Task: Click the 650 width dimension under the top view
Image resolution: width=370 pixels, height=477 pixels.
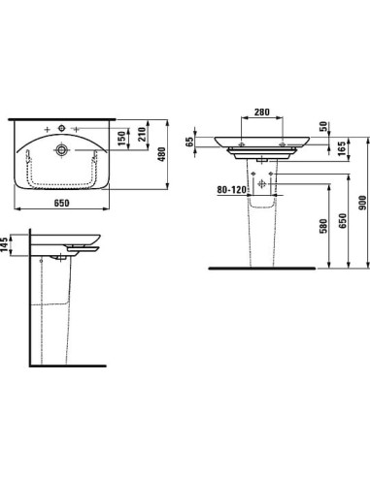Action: [61, 203]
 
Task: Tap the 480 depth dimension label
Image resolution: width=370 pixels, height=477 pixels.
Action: [162, 154]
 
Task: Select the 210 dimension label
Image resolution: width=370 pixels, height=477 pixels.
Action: [142, 134]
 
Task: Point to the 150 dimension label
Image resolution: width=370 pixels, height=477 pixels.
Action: [121, 139]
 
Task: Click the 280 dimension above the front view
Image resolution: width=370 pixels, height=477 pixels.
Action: [261, 112]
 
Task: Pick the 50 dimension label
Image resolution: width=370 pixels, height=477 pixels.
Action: [323, 126]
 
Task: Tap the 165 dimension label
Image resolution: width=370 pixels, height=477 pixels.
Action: [342, 148]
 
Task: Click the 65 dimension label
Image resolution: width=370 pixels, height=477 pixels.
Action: [190, 142]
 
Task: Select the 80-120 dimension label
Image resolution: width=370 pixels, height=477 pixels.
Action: [231, 190]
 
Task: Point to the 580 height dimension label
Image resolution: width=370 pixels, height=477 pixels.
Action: [323, 226]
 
